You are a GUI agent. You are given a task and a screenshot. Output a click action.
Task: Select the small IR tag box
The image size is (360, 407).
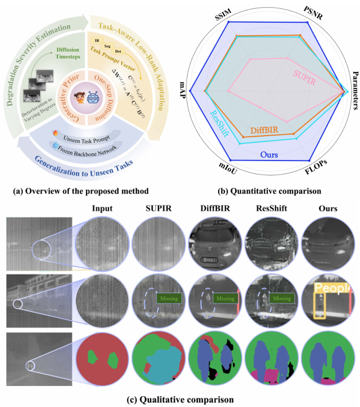[96, 40]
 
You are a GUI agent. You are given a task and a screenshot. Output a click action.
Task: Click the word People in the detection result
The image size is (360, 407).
[330, 288]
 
